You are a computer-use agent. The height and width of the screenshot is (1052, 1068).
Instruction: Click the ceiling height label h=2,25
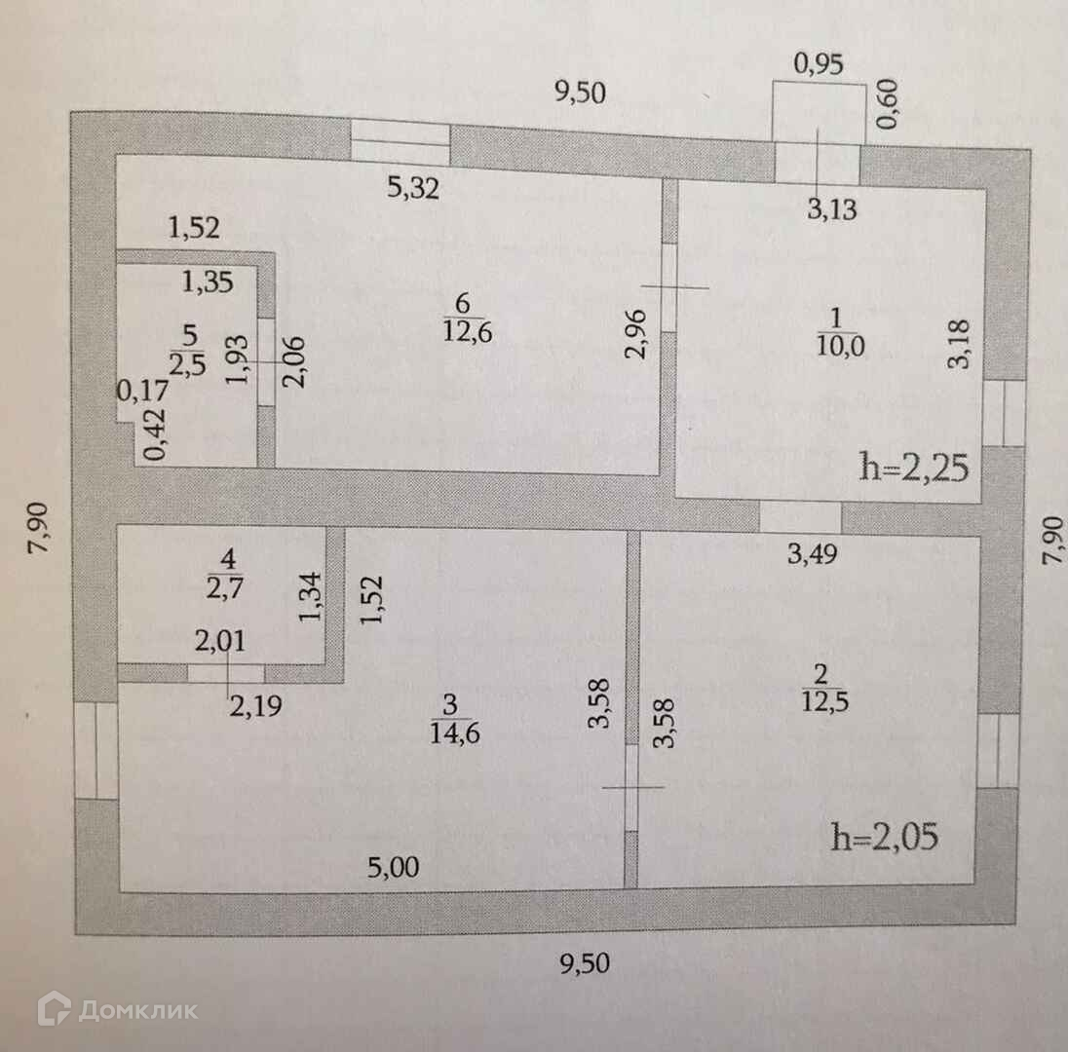point(913,469)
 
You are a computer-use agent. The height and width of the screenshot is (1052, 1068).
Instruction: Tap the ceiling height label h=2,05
point(885,837)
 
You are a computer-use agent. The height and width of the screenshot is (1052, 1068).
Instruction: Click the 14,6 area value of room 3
point(455,733)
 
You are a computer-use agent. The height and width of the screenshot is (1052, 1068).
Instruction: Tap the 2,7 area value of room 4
point(228,591)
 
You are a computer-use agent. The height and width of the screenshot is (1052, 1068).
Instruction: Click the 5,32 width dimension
point(413,188)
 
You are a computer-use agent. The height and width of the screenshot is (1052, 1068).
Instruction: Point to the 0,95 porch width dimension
point(819,65)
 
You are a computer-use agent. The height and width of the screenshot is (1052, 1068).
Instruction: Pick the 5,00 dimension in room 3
point(397,866)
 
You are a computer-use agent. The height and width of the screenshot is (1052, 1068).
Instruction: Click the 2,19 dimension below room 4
point(255,704)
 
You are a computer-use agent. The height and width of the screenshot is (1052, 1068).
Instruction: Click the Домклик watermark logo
point(117,1009)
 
